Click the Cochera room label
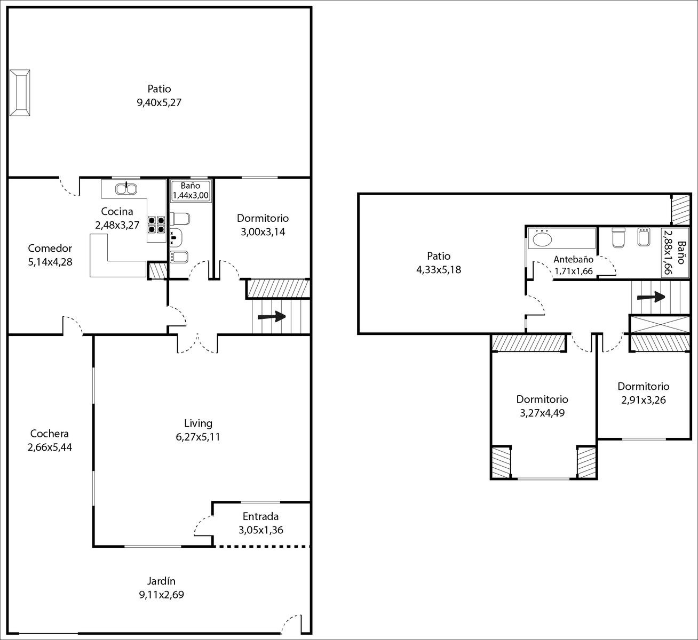(x=50, y=434)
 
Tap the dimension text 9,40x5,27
(x=159, y=102)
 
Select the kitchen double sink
(x=126, y=189)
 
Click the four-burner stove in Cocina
(x=156, y=225)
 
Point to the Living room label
(x=198, y=423)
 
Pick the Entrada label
(x=260, y=516)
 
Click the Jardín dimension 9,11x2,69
(x=162, y=595)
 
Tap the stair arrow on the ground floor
(x=272, y=316)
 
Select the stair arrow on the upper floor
(x=651, y=297)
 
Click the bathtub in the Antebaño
(x=561, y=238)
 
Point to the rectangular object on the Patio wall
(x=20, y=92)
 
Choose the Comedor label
(x=50, y=248)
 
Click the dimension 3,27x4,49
(x=542, y=413)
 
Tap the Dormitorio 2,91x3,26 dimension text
(x=644, y=400)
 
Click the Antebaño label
(x=574, y=259)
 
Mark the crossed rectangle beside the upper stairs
(x=660, y=324)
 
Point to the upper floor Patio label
(x=439, y=256)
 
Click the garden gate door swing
(x=290, y=625)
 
